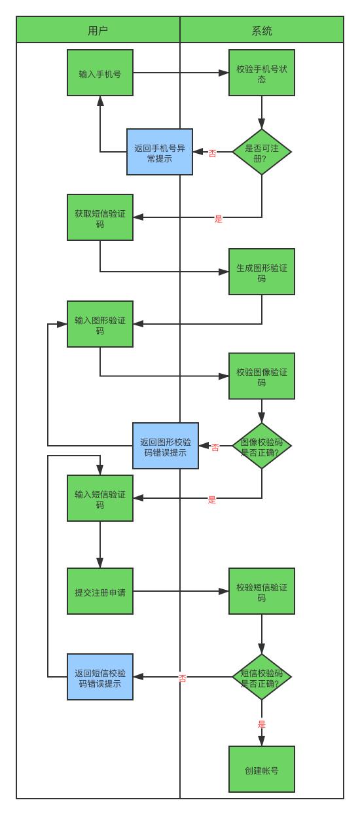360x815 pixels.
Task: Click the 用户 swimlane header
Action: [x=98, y=29]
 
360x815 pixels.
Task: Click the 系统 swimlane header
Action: [x=262, y=29]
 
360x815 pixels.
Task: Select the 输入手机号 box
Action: [x=100, y=73]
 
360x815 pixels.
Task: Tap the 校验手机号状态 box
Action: [x=262, y=73]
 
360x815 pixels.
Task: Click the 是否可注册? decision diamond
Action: [x=262, y=152]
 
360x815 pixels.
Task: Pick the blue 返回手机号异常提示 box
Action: [x=160, y=152]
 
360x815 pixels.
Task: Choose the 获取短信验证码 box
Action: [x=100, y=217]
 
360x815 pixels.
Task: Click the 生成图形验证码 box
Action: [x=262, y=272]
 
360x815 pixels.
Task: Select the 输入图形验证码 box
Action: [x=100, y=324]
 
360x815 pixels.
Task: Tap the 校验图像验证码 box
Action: [x=262, y=376]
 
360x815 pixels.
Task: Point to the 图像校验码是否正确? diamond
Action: [x=262, y=446]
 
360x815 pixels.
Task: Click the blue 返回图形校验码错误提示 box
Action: [x=166, y=446]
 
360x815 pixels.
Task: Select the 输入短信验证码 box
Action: [x=100, y=498]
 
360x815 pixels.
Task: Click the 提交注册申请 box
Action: [x=100, y=591]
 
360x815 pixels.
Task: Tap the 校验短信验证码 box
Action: [x=262, y=591]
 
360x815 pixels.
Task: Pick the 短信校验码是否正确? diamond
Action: [x=262, y=677]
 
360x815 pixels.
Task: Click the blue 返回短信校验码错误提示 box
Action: [x=100, y=677]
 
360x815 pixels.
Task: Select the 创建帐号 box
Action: [x=262, y=769]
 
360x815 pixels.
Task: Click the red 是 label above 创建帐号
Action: [x=262, y=724]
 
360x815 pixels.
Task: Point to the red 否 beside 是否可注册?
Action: [x=212, y=153]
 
